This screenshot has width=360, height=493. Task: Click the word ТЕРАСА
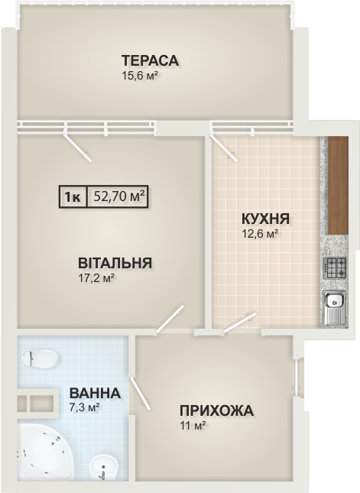click(x=151, y=60)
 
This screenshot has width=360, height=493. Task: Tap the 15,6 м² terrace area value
click(x=139, y=76)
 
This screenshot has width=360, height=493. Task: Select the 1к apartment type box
click(x=73, y=197)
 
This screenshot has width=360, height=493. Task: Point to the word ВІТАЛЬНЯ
click(x=115, y=263)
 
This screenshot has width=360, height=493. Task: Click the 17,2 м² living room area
click(x=96, y=278)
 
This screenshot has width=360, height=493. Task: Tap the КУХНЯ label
click(x=266, y=219)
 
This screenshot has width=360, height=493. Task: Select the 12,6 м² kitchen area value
click(x=259, y=234)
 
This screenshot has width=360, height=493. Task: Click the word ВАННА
click(x=95, y=393)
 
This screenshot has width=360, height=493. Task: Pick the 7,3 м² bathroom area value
click(x=85, y=407)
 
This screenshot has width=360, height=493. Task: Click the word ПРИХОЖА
click(x=216, y=410)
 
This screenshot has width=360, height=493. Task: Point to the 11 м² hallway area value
click(x=193, y=426)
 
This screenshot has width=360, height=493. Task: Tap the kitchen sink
click(x=335, y=308)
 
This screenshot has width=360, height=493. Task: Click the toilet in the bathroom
click(x=41, y=358)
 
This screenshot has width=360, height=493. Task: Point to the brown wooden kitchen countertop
click(x=338, y=185)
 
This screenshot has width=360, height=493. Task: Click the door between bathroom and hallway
click(x=140, y=394)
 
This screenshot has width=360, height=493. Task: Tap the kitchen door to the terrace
click(x=224, y=148)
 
